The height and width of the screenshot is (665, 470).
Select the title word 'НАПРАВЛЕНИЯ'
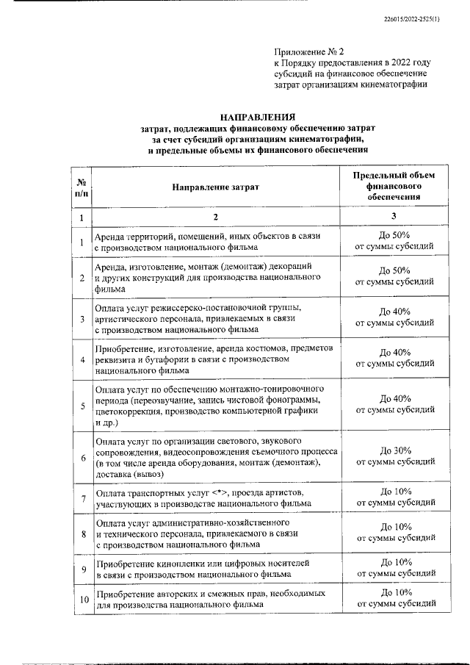[258, 117]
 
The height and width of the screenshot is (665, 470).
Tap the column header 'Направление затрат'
[216, 187]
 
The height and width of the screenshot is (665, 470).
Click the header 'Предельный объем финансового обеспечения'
[394, 186]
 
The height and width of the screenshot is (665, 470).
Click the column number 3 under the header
[394, 217]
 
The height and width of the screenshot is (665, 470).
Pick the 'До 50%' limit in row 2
[394, 271]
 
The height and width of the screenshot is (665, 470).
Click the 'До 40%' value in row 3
[394, 312]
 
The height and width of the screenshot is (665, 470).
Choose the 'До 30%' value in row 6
[394, 450]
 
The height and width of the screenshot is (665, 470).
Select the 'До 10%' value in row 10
[394, 592]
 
